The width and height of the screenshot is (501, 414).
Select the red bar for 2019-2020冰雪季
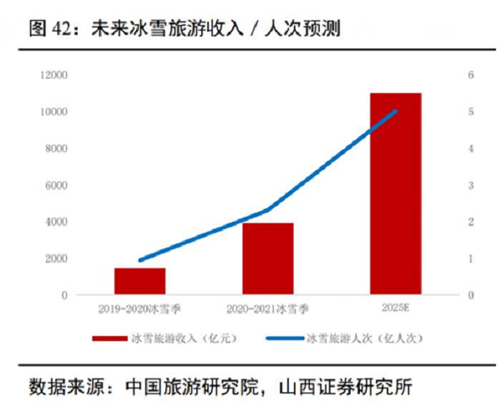click(139, 281)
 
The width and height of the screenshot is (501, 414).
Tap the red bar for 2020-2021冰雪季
click(268, 258)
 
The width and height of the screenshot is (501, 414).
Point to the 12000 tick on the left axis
click(55, 75)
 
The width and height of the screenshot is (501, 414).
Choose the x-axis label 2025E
click(396, 309)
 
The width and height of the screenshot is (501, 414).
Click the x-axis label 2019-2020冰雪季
click(139, 309)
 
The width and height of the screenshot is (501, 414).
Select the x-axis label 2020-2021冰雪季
click(268, 309)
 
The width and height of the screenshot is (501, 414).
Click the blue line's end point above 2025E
click(396, 111)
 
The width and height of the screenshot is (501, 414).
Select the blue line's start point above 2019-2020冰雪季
click(139, 260)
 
